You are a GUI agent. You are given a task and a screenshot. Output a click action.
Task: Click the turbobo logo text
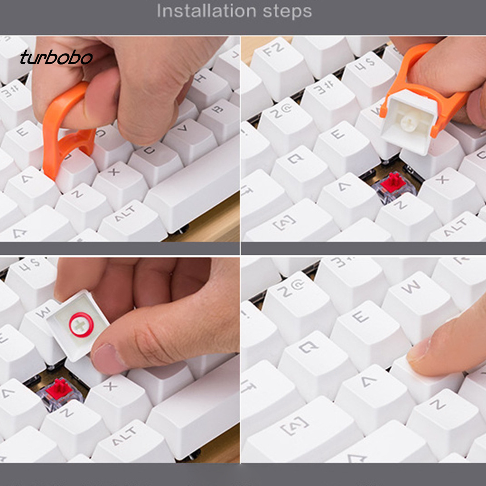[56, 58]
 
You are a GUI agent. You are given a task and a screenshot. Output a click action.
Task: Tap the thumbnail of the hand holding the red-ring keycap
[108, 358]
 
